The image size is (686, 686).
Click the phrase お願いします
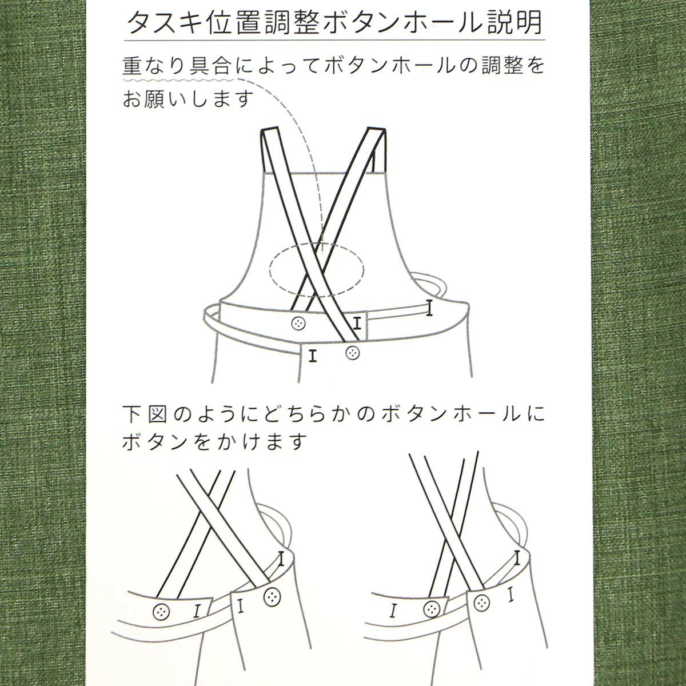(x=188, y=99)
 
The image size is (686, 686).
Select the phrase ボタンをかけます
(x=215, y=441)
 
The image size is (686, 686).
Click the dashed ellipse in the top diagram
(x=316, y=269)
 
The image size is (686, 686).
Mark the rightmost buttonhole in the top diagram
(x=428, y=308)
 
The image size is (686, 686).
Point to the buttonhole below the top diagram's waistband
(x=312, y=356)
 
